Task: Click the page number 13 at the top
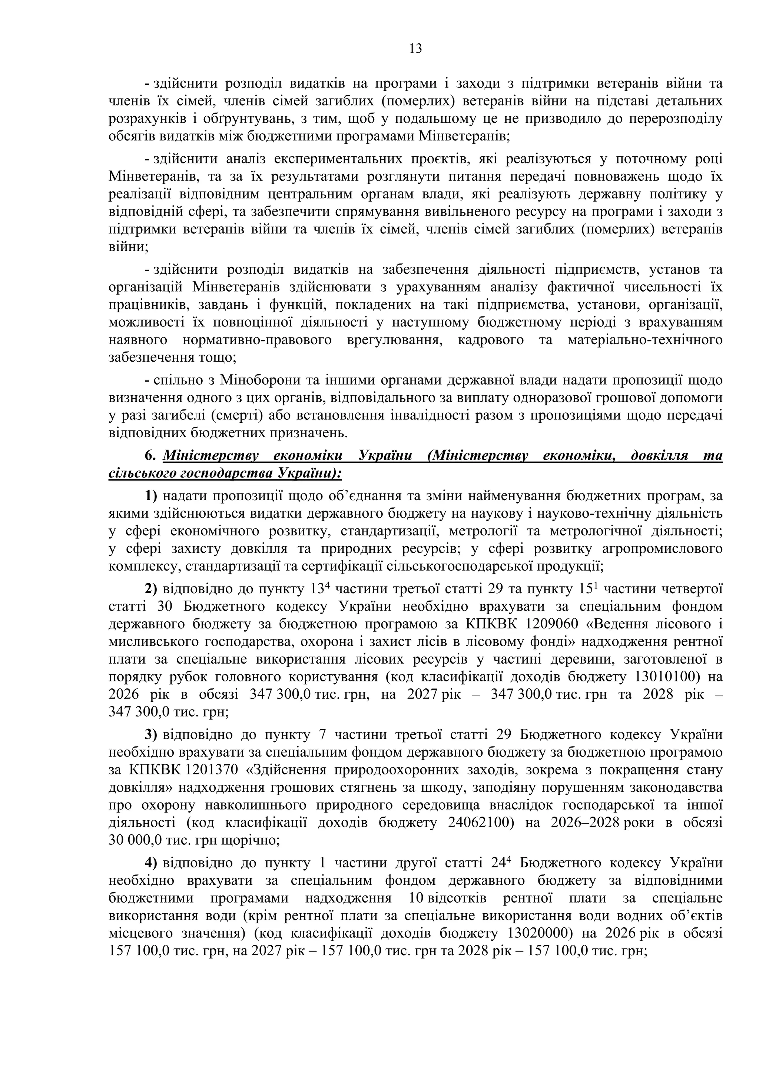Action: [x=415, y=49]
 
